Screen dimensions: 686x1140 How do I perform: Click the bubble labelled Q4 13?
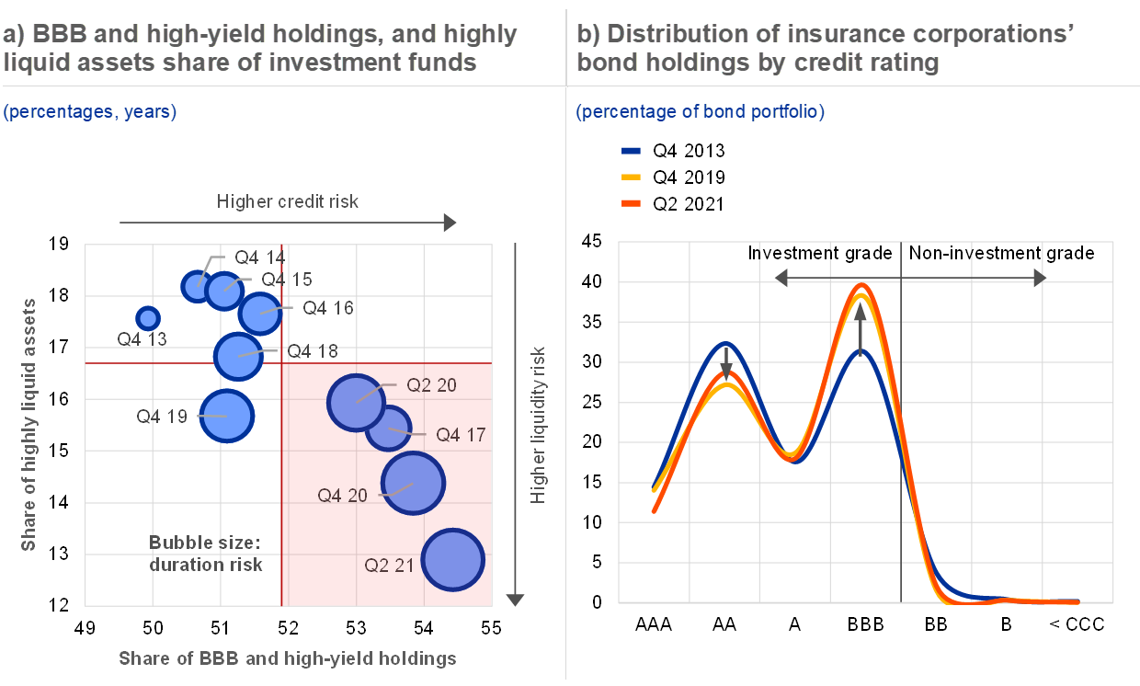pyautogui.click(x=147, y=317)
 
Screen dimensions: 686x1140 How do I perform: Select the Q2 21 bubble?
pyautogui.click(x=453, y=560)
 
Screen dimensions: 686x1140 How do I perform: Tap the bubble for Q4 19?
pyautogui.click(x=226, y=416)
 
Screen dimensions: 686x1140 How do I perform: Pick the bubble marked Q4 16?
pyautogui.click(x=259, y=313)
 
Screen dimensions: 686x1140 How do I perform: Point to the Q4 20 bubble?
pyautogui.click(x=413, y=483)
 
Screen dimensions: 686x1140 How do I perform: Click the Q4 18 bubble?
pyautogui.click(x=238, y=354)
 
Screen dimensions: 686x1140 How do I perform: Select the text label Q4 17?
pyautogui.click(x=460, y=435)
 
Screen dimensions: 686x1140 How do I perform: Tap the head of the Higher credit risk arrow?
pyautogui.click(x=450, y=223)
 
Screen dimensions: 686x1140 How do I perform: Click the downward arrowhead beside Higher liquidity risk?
pyautogui.click(x=515, y=600)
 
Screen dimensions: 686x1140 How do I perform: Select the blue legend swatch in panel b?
pyautogui.click(x=631, y=151)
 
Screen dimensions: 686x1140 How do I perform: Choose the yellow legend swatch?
pyautogui.click(x=631, y=177)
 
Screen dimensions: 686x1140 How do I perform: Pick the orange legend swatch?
pyautogui.click(x=631, y=203)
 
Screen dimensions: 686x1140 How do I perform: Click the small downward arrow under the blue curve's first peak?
pyautogui.click(x=726, y=369)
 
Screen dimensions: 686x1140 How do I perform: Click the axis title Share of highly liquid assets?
pyautogui.click(x=29, y=424)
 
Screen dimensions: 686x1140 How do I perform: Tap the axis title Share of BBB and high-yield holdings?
pyautogui.click(x=288, y=658)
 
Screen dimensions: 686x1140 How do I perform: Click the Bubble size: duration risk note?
pyautogui.click(x=206, y=552)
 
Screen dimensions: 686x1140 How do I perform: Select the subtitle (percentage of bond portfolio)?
pyautogui.click(x=700, y=112)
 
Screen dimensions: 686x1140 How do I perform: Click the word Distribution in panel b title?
pyautogui.click(x=664, y=35)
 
